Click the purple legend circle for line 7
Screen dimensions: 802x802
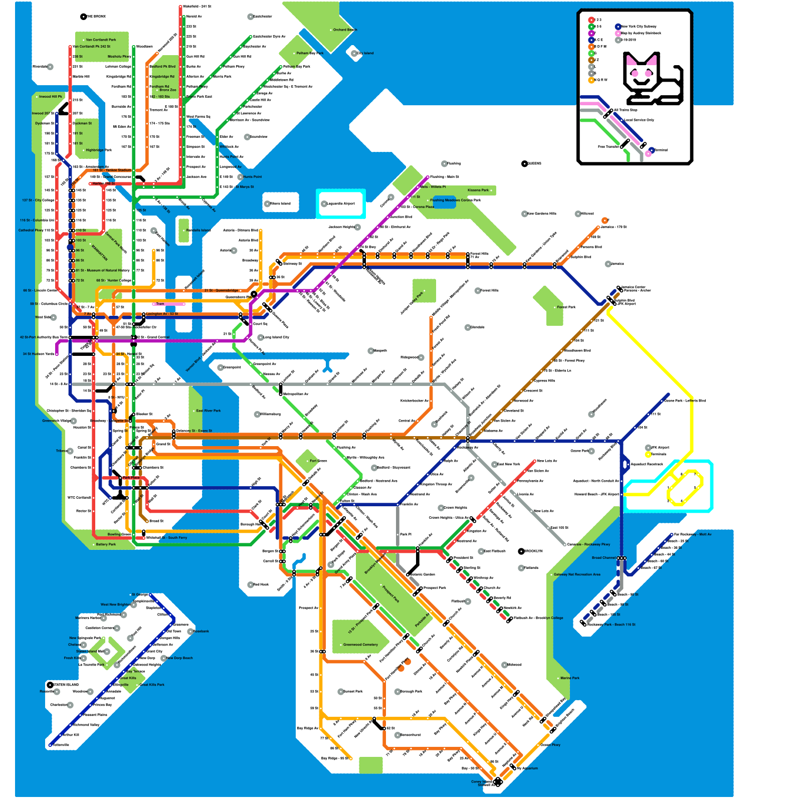coord(591,33)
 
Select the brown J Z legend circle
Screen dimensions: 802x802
coord(591,60)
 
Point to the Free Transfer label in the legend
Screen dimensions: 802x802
coord(609,147)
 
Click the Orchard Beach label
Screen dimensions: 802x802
coord(345,30)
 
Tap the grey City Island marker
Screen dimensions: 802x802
coord(354,53)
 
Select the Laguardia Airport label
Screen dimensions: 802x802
coord(341,204)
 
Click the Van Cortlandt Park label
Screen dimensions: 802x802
coord(101,40)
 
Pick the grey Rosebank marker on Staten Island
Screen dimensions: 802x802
coord(190,632)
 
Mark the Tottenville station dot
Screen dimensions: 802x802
coord(50,745)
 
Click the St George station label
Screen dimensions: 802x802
coord(140,595)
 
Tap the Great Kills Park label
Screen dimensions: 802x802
coord(152,685)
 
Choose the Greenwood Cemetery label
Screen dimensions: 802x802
coord(360,645)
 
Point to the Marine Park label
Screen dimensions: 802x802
coord(570,678)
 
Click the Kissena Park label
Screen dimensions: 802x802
coord(478,190)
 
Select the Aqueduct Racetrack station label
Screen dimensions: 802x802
coord(647,464)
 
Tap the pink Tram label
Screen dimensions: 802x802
coord(160,304)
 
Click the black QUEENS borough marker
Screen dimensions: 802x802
coord(524,164)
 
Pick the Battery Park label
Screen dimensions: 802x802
coord(106,544)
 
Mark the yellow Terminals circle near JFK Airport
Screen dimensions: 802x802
coord(648,455)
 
